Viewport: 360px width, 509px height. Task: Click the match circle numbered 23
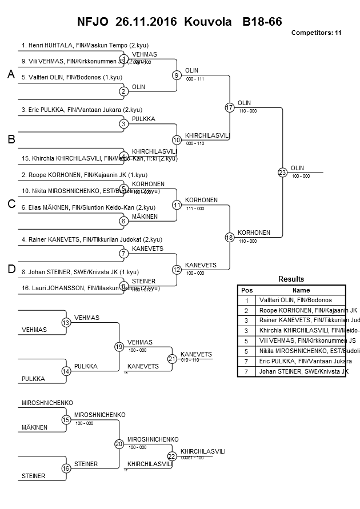point(282,172)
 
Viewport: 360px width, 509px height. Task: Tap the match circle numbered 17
point(230,107)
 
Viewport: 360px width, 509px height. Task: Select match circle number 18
point(230,237)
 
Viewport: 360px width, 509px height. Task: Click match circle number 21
point(172,359)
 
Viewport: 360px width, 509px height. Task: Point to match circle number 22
point(172,456)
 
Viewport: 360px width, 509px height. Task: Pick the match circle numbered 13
point(66,323)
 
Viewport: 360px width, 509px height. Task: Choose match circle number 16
point(66,468)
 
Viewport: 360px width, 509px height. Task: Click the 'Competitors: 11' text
point(316,33)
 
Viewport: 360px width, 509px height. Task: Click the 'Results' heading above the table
point(291,279)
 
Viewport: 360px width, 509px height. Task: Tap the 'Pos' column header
point(247,290)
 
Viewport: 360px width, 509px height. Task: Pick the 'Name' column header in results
point(301,290)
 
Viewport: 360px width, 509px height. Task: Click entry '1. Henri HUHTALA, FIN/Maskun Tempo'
point(85,45)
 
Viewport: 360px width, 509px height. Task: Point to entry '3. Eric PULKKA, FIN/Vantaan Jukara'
point(82,110)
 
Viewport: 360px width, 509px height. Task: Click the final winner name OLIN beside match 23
point(297,168)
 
